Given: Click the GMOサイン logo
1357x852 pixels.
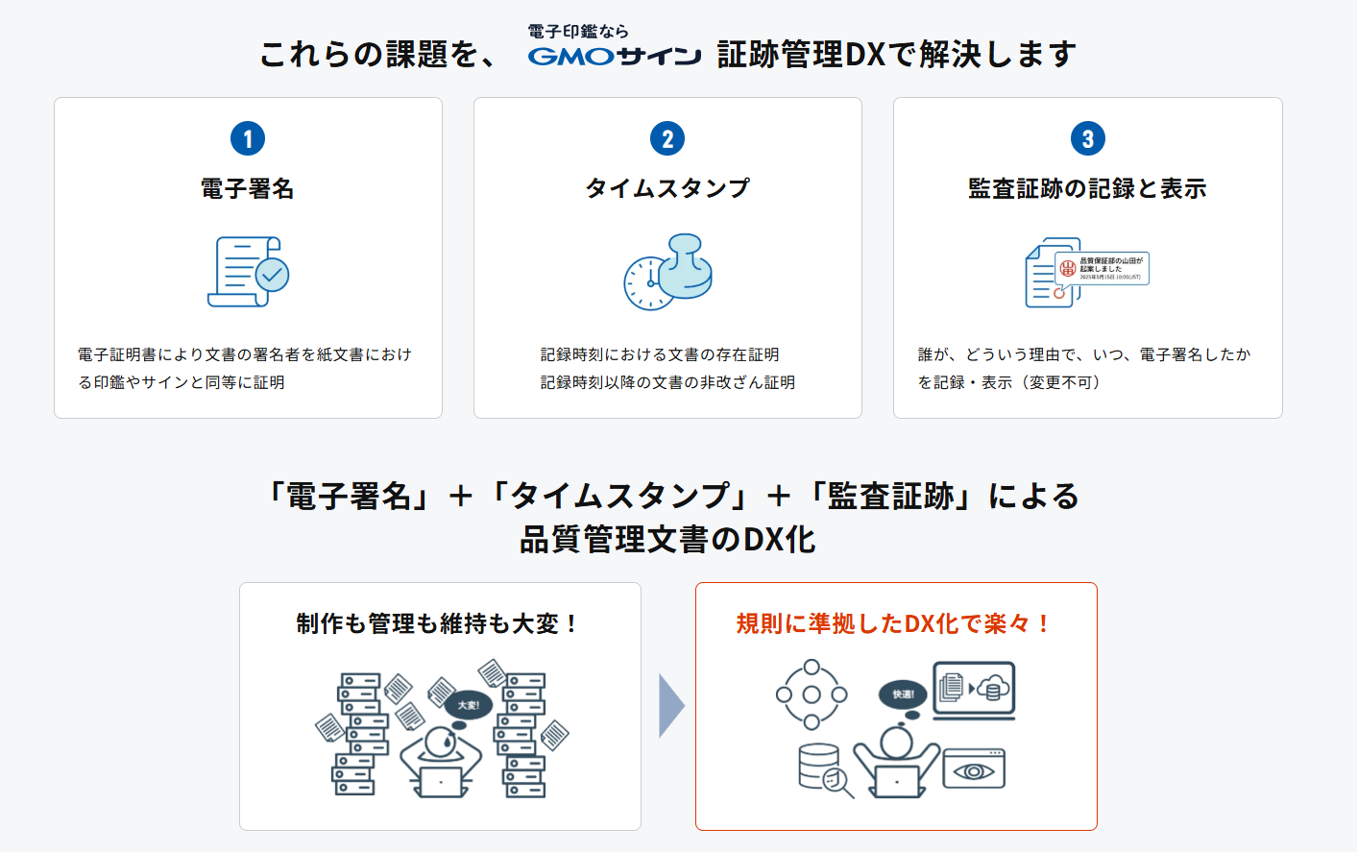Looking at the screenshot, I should click(615, 57).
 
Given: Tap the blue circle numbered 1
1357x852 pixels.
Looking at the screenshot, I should click(248, 138).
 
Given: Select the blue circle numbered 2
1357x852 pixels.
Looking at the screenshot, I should click(667, 138).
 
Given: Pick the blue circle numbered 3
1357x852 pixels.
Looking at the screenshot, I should click(1087, 138).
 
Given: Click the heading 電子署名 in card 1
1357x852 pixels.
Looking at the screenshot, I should click(248, 188).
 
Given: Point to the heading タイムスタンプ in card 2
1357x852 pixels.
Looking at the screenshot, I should click(667, 188).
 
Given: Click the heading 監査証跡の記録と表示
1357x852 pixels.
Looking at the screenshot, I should click(1087, 188).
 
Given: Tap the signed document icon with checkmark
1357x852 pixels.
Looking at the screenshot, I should click(248, 272).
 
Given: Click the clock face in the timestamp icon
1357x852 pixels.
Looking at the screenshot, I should click(648, 283).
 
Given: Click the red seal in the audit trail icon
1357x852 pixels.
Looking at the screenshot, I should click(1067, 269).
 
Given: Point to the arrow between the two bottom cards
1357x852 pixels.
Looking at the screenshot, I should click(670, 706).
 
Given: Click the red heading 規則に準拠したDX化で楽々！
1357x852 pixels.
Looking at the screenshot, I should click(895, 623).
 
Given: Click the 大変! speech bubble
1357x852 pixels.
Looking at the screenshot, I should click(468, 705).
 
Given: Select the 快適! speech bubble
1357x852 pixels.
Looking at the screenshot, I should click(903, 694).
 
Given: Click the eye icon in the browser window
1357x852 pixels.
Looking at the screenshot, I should click(974, 771).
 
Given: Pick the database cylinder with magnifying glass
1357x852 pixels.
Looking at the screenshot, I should click(823, 769).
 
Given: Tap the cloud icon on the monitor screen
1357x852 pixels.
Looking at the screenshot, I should click(994, 687).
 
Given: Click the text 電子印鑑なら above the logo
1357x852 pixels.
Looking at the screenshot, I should click(577, 32).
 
